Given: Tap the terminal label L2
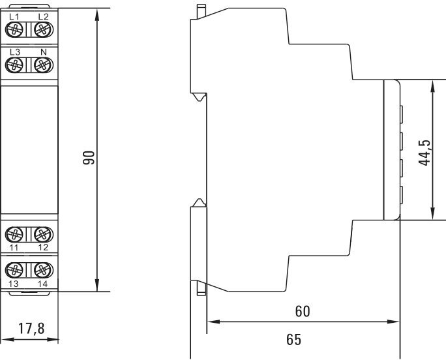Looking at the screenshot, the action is [x=43, y=16].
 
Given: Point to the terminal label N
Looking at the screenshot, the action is [x=43, y=52].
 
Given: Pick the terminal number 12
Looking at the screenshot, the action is [x=43, y=248].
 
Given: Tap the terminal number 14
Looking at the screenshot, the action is [x=43, y=284].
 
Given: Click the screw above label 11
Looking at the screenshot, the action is [x=16, y=233].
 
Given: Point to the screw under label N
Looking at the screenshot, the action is [x=43, y=65].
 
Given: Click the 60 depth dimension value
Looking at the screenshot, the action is [x=302, y=312].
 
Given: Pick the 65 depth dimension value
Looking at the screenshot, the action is [x=293, y=340].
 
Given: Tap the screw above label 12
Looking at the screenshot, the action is [x=43, y=233].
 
